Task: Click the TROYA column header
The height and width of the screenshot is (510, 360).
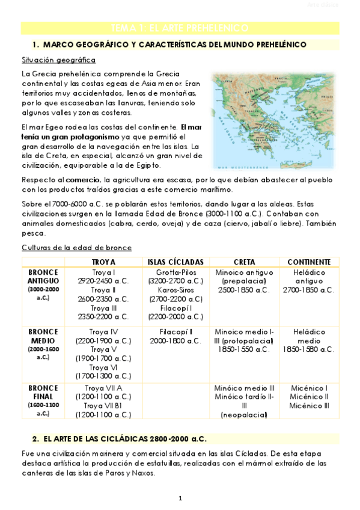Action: pyautogui.click(x=103, y=262)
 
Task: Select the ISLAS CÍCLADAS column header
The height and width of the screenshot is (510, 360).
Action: pyautogui.click(x=175, y=262)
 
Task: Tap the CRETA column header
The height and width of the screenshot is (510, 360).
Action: pyautogui.click(x=243, y=262)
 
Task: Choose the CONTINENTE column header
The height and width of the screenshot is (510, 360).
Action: pyautogui.click(x=309, y=262)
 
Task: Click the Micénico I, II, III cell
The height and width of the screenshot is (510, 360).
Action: pyautogui.click(x=309, y=397)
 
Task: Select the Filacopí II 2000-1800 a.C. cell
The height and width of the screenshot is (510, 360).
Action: pyautogui.click(x=175, y=336)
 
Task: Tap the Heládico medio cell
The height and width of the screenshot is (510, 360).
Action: pyautogui.click(x=309, y=340)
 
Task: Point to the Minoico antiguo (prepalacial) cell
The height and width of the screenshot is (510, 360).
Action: pyautogui.click(x=243, y=281)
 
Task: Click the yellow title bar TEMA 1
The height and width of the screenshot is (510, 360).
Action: pyautogui.click(x=180, y=28)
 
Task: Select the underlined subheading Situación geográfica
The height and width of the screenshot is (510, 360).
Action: pyautogui.click(x=58, y=60)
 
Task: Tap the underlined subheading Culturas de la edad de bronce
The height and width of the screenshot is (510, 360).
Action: pyautogui.click(x=76, y=248)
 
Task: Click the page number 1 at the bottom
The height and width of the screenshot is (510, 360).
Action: pyautogui.click(x=180, y=498)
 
